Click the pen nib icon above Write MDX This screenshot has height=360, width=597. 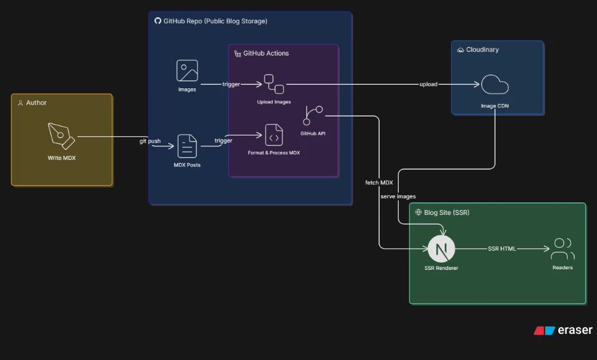click(61, 136)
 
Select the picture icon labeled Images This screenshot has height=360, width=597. click(187, 70)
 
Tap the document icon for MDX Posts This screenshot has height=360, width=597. click(187, 146)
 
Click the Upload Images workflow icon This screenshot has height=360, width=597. click(274, 84)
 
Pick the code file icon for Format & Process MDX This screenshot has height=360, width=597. click(274, 135)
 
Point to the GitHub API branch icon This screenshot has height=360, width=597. click(313, 116)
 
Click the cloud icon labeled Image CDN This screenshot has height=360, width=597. click(494, 85)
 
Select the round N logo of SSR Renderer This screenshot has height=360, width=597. click(441, 249)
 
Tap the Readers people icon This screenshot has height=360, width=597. click(563, 248)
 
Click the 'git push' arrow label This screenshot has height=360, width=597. click(150, 141)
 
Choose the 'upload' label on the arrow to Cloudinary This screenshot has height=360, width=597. click(428, 84)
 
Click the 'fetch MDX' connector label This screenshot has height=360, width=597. click(379, 183)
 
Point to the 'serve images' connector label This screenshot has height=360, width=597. click(398, 196)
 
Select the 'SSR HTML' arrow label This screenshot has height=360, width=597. click(502, 248)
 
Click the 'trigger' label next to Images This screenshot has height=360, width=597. click(231, 84)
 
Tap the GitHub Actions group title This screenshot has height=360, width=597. click(266, 53)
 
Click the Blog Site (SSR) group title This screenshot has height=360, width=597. click(447, 213)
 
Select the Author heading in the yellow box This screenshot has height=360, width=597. click(36, 103)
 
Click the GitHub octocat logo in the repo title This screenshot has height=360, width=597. click(158, 20)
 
